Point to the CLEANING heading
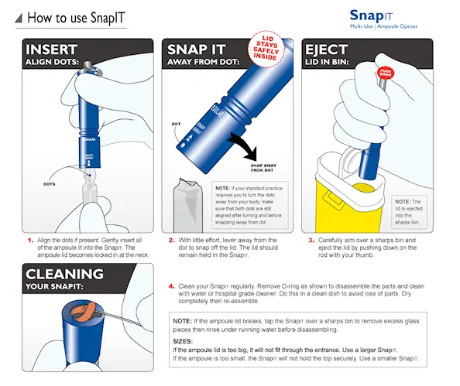pyautogui.click(x=63, y=274)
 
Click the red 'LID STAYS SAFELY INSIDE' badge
pyautogui.click(x=268, y=49)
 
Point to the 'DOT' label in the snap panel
pyautogui.click(x=177, y=123)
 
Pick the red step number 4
pyautogui.click(x=171, y=285)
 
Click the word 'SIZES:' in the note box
pyautogui.click(x=184, y=340)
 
